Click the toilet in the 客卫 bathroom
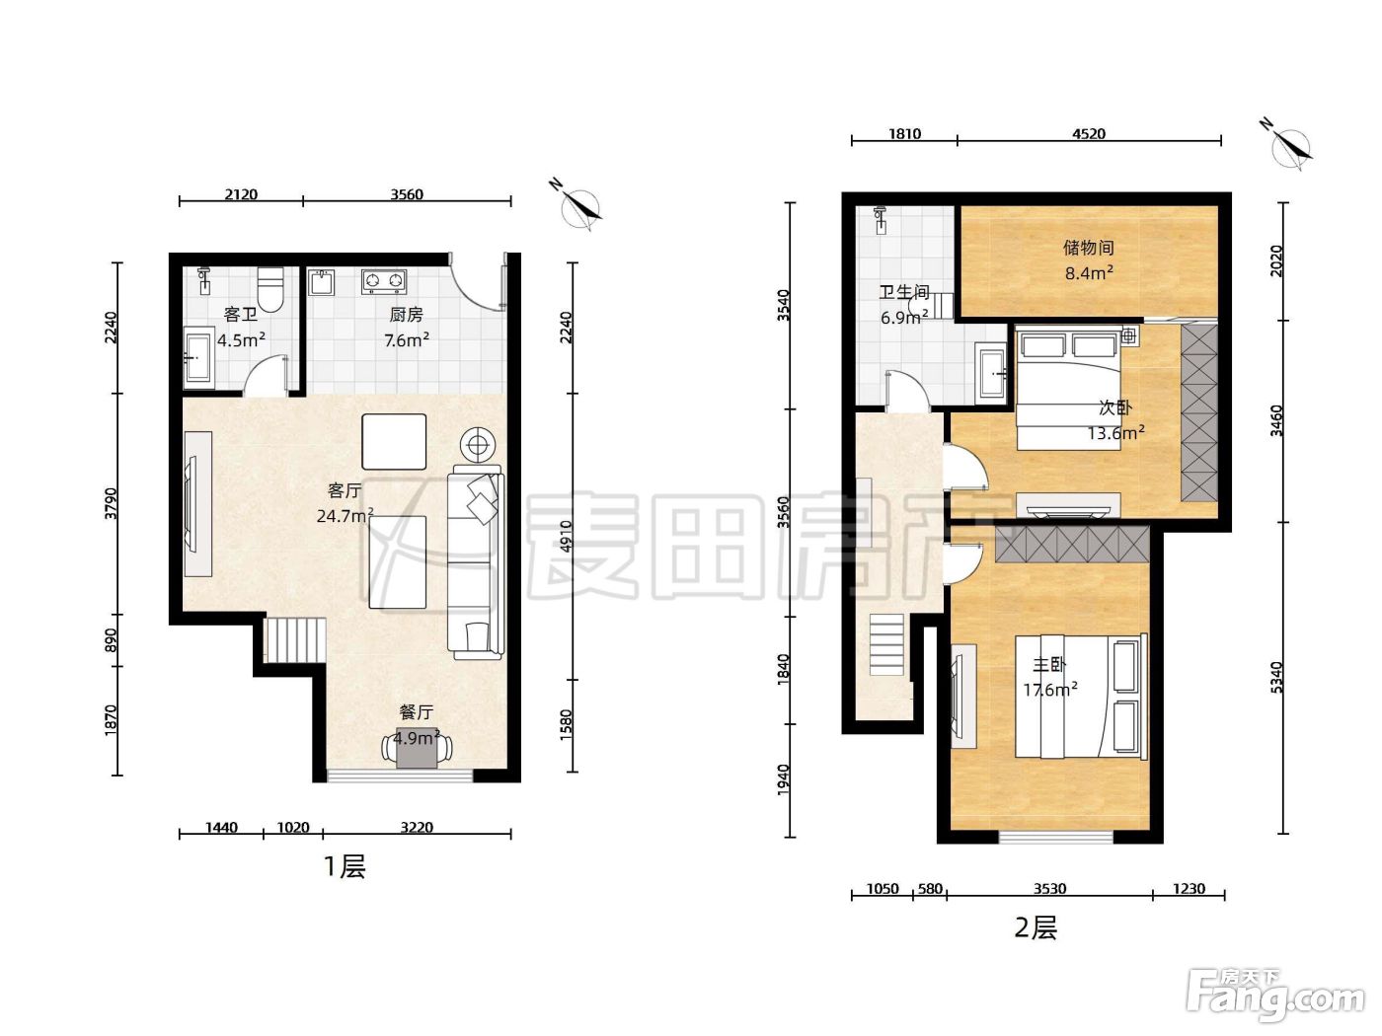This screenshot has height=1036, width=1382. tap(270, 289)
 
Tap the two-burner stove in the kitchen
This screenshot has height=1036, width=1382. tap(383, 281)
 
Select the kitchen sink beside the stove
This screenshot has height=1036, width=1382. tap(322, 282)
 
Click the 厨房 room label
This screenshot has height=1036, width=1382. tap(406, 314)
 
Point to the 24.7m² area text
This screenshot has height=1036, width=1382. tap(345, 515)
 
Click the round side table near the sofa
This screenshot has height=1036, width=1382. tap(477, 445)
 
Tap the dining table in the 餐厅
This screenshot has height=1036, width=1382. tap(417, 747)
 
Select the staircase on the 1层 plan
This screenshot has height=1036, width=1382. tap(294, 639)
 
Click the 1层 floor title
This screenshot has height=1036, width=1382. tap(345, 867)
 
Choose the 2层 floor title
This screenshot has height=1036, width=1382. tap(1036, 927)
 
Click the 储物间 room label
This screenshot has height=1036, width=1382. tap(1089, 248)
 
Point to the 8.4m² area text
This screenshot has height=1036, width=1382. tap(1089, 272)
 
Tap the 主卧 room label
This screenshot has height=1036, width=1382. tap(1049, 664)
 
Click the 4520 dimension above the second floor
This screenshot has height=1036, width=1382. tap(1089, 133)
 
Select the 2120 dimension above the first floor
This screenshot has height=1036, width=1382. tap(241, 194)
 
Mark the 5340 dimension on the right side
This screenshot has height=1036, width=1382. tap(1275, 678)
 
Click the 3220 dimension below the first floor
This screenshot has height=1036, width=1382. tap(417, 827)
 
